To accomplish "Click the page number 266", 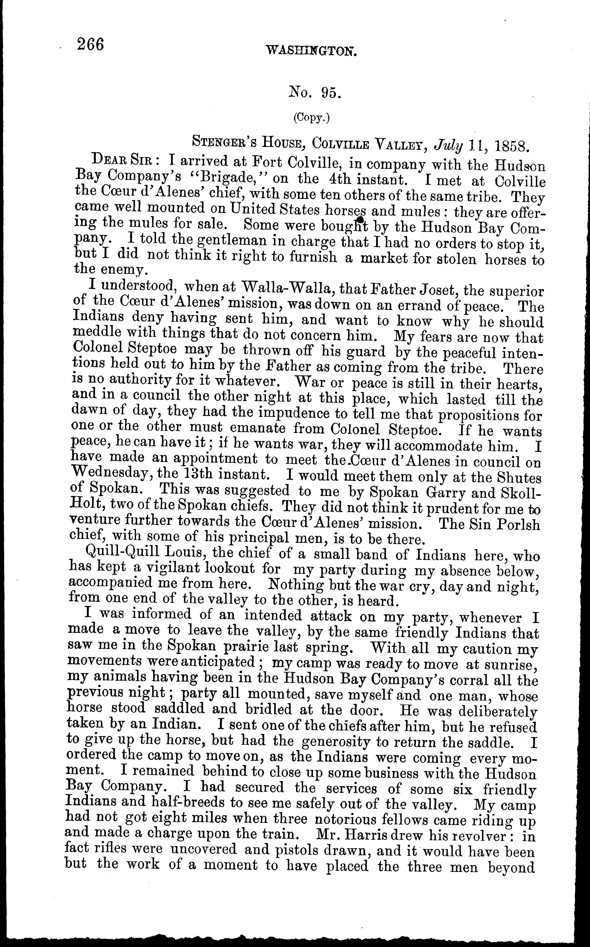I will tap(91, 44).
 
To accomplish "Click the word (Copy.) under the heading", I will tap(311, 118).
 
